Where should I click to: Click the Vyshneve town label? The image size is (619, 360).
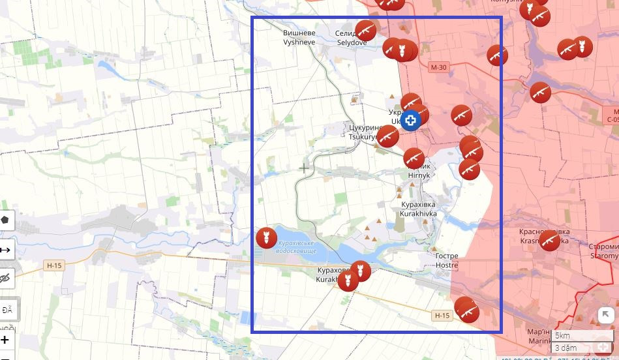tap(299, 37)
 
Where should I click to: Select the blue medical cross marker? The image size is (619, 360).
tap(410, 121)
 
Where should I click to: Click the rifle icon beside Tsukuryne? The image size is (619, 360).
tap(387, 136)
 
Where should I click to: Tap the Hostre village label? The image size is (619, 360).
tap(447, 261)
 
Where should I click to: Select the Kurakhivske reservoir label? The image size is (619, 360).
tap(297, 247)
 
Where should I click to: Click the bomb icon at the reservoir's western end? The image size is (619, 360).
tap(265, 237)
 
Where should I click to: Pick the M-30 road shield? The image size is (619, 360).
tap(439, 67)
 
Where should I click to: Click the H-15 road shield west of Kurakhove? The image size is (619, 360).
tap(53, 265)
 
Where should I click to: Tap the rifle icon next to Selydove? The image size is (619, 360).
tap(365, 29)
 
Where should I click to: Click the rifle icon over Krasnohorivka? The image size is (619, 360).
tap(550, 241)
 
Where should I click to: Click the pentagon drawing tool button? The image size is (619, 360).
tap(5, 220)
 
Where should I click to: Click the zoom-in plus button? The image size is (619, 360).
tap(5, 340)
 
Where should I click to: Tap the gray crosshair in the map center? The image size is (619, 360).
tap(304, 168)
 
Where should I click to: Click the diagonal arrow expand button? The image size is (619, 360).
tap(605, 316)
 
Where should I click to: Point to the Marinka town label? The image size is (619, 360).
tap(539, 336)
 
